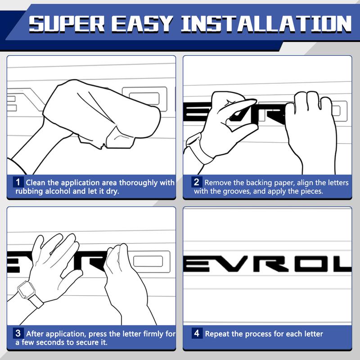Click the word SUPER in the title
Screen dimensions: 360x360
(67, 24)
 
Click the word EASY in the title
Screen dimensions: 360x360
(142, 24)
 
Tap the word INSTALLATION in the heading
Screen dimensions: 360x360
(266, 24)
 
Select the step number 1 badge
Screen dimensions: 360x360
(18, 182)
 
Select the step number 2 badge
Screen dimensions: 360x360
(197, 182)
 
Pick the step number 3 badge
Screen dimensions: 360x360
(18, 333)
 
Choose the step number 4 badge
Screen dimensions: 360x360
(197, 333)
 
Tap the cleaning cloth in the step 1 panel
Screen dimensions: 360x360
(101, 112)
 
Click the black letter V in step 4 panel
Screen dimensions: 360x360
(229, 263)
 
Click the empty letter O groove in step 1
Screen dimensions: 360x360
(144, 99)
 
